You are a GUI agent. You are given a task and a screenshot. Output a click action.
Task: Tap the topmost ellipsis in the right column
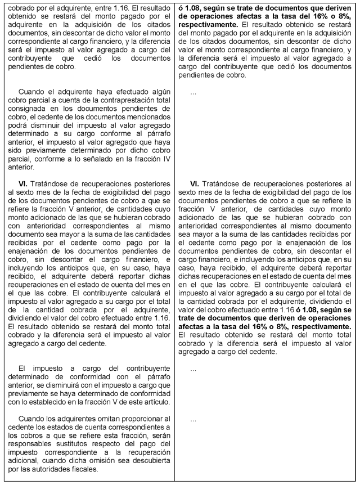193,92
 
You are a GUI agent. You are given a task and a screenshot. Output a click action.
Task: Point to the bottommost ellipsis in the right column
193,420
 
